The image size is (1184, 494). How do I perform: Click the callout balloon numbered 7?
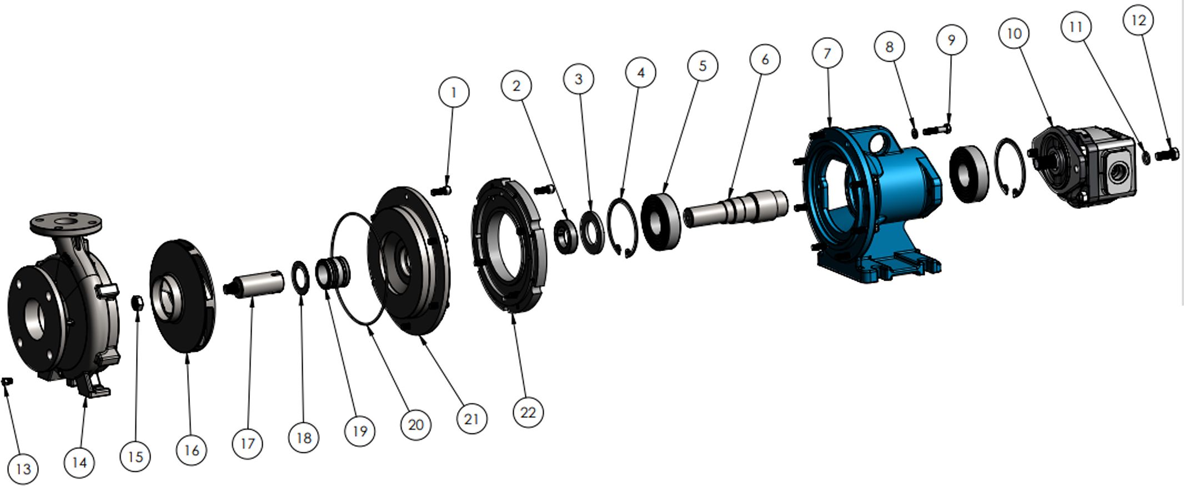pos(827,53)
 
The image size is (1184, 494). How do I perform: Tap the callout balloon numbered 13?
pos(23,469)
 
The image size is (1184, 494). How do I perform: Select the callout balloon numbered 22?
pos(528,412)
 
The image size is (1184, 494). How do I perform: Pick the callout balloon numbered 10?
pos(1014,33)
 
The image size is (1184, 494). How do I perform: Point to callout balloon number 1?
pos(454,92)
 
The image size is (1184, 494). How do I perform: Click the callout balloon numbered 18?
pos(304,438)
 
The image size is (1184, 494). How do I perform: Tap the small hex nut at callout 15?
pos(137,303)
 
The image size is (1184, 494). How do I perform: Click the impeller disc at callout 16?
pos(183,296)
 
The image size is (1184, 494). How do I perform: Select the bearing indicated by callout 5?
pos(661,222)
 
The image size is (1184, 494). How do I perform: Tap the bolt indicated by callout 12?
pos(1167,154)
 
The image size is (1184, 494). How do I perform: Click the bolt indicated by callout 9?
pos(937,130)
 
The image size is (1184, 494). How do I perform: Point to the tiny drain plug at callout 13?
pos(7,381)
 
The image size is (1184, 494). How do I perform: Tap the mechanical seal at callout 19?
pos(333,272)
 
